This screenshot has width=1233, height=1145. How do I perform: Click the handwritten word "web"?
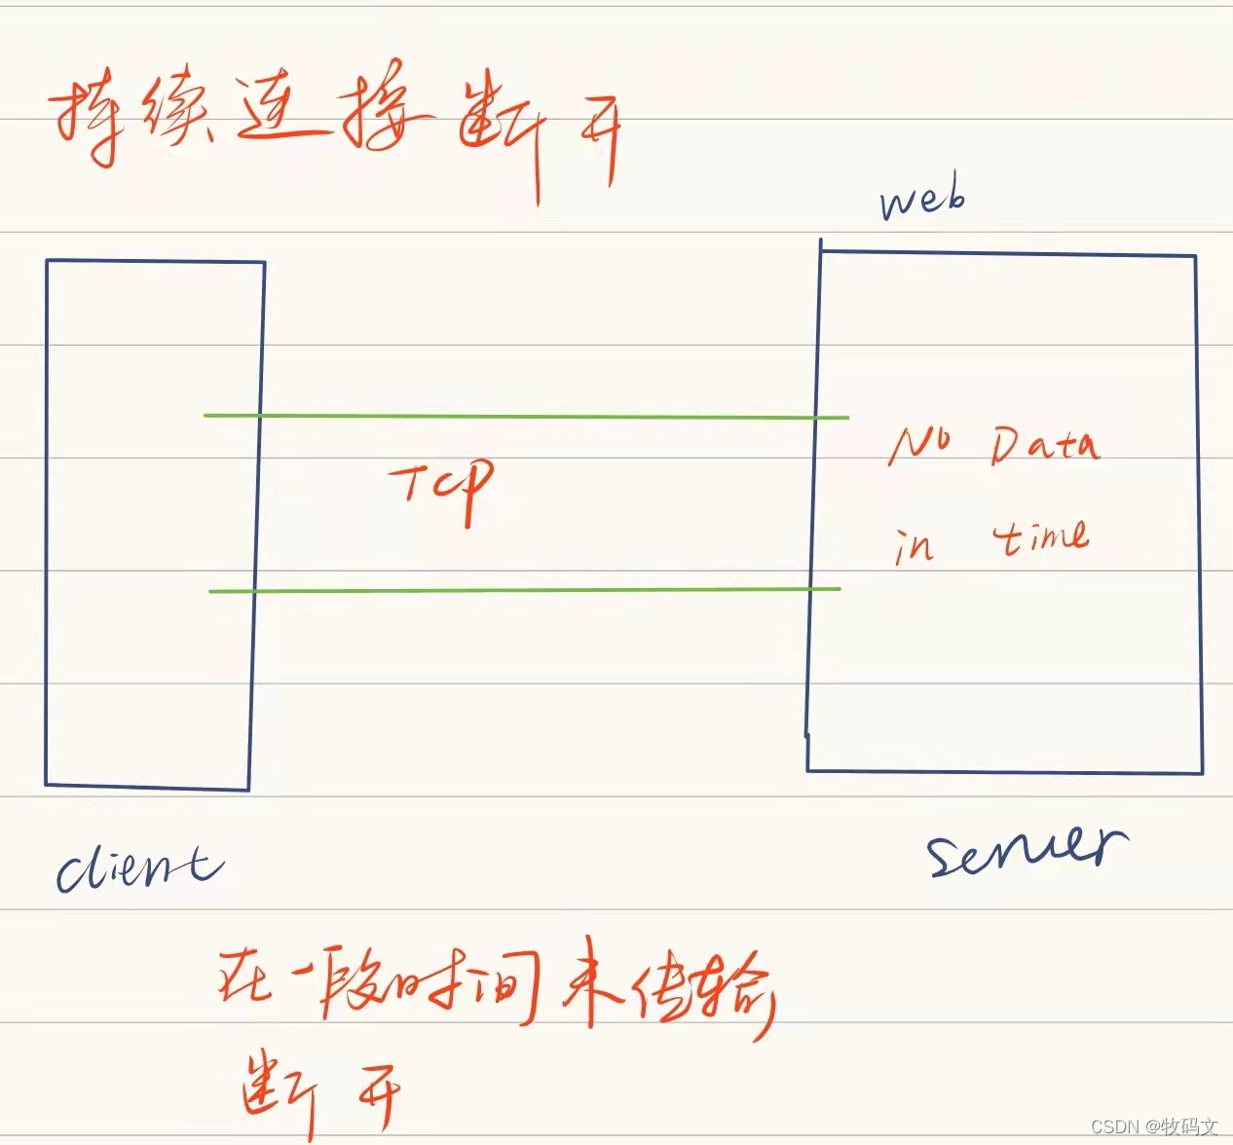(921, 200)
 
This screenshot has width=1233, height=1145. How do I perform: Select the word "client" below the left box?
(139, 867)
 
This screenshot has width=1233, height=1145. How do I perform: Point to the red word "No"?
(918, 446)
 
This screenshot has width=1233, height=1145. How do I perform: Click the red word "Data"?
(1045, 446)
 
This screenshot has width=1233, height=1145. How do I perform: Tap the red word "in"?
(914, 545)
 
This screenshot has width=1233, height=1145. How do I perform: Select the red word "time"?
(1040, 537)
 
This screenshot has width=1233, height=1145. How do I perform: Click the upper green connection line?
(526, 417)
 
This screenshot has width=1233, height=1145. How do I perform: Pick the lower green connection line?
(526, 590)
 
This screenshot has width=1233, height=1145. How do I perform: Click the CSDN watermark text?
(1154, 1127)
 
